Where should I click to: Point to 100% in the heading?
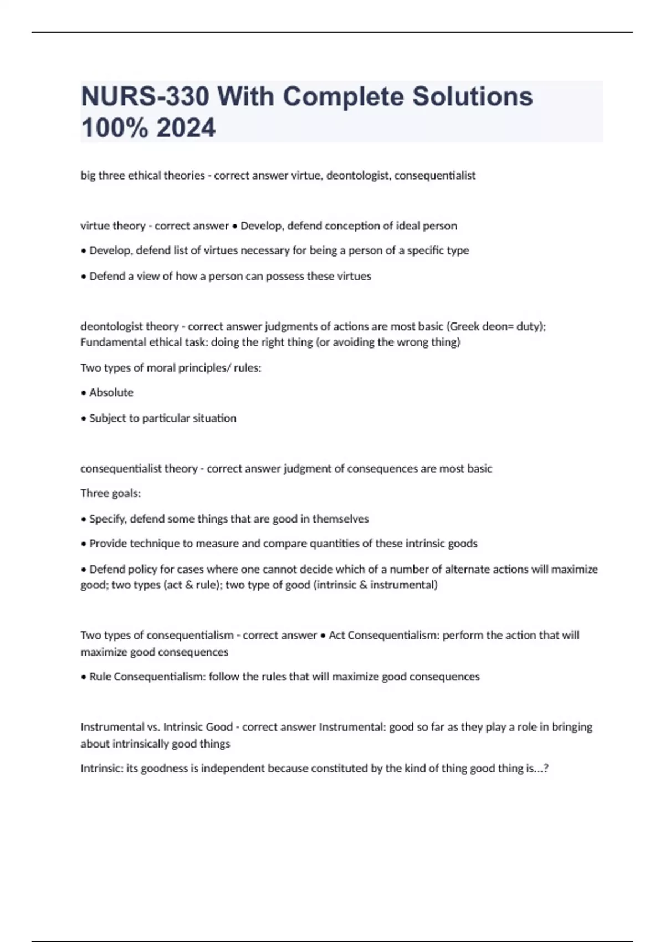tap(115, 128)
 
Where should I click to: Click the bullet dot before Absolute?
tap(84, 393)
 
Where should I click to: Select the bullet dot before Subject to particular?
tap(84, 418)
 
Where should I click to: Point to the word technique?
tap(151, 544)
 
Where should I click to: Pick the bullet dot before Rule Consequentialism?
tap(84, 677)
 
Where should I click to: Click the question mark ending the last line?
tap(546, 769)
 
